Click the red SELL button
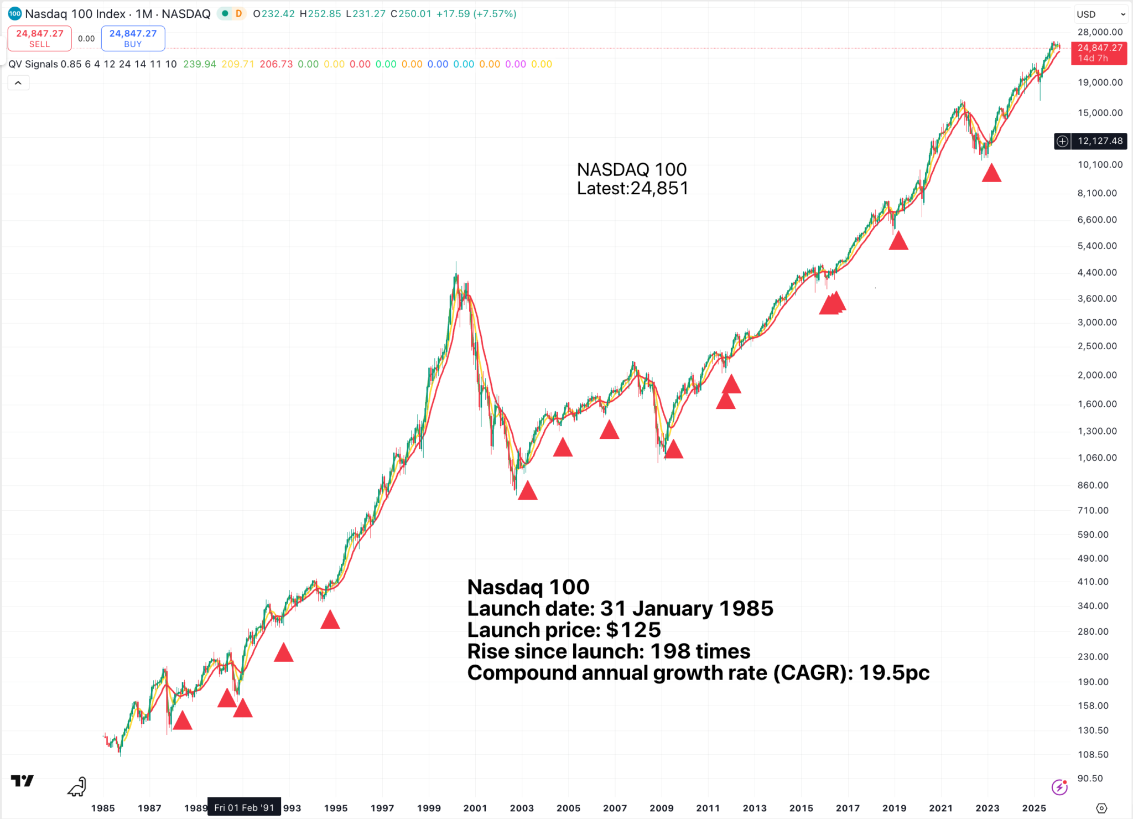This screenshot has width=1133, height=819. point(39,38)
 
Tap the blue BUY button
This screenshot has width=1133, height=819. point(133,38)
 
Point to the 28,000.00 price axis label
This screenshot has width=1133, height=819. point(1100,32)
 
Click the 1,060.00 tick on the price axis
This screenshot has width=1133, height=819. point(1096,458)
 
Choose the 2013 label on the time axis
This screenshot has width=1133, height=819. point(754,808)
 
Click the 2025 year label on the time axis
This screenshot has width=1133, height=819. point(1033,808)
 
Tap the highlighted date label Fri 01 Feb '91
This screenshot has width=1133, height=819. point(244,807)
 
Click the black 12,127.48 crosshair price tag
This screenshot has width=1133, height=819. point(1099,141)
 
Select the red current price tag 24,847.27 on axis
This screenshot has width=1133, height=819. point(1099,53)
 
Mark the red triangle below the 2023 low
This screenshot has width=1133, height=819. point(991,174)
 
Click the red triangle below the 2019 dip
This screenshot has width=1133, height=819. point(898,241)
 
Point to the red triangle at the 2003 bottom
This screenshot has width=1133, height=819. point(528,491)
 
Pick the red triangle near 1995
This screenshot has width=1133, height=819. point(330,620)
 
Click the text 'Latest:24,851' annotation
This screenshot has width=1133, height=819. point(632,189)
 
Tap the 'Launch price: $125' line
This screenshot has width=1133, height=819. point(564,630)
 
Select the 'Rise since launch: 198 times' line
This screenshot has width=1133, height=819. point(609,651)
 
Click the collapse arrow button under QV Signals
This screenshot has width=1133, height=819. point(18,83)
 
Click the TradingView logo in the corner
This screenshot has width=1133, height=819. point(23,781)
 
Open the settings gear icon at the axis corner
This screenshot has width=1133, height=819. point(1101,808)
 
